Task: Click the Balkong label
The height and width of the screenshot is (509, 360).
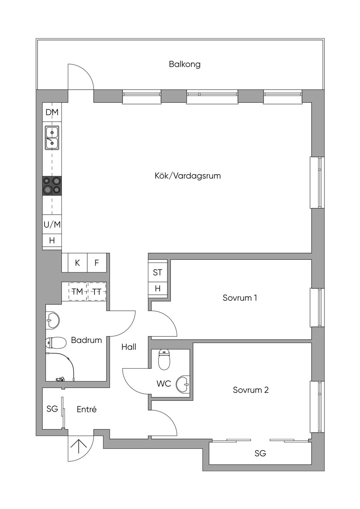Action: point(185,64)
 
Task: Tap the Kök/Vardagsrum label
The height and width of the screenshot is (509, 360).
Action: point(188,176)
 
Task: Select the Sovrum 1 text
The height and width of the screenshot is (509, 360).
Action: point(240,298)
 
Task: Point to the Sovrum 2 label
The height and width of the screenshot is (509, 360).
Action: point(251,390)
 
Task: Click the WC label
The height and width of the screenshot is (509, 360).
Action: point(163,384)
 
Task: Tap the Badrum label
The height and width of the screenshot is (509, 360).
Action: point(86,340)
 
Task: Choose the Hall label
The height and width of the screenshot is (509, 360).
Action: point(129,347)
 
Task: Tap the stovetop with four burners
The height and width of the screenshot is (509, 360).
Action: point(52,186)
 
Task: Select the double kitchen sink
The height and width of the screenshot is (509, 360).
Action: point(52,138)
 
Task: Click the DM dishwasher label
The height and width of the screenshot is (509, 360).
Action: point(52,112)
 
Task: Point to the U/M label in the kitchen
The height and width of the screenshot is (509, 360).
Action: point(52,225)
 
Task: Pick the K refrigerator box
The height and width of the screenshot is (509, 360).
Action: point(77,263)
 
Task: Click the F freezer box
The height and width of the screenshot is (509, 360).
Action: point(97,263)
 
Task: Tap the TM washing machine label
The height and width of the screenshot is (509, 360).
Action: point(77,291)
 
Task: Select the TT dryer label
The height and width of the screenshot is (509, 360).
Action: point(97,291)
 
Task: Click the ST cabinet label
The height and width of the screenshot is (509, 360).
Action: point(157,272)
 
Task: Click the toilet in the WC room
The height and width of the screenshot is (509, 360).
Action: point(164,360)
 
